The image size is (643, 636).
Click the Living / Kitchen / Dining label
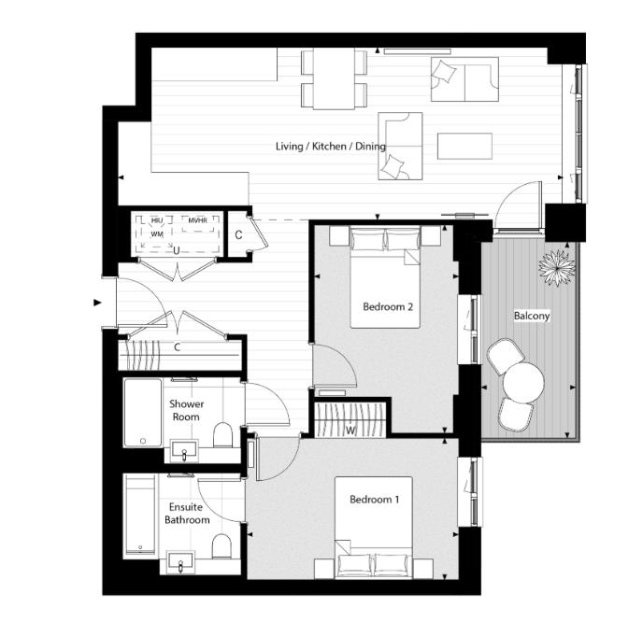click(x=330, y=148)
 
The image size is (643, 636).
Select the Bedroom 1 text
click(x=374, y=500)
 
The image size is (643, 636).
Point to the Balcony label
click(x=532, y=316)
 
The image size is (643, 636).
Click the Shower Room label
click(x=186, y=411)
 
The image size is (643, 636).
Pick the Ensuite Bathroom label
click(x=187, y=513)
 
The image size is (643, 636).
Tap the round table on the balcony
click(x=523, y=381)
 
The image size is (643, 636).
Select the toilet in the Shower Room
click(x=222, y=436)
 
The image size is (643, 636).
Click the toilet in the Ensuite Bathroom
click(x=221, y=545)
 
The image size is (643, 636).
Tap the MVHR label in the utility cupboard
click(x=197, y=220)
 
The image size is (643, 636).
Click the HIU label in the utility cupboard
click(x=157, y=220)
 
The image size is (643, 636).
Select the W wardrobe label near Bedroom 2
click(x=350, y=430)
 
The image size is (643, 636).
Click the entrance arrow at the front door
click(x=96, y=303)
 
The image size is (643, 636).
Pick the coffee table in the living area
click(x=464, y=147)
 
